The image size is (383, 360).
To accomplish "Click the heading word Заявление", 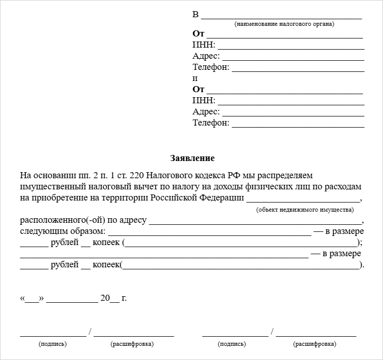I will point(193,158).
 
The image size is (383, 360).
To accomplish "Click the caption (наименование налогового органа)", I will point(284,24).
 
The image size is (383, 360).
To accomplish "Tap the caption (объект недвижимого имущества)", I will point(305,210).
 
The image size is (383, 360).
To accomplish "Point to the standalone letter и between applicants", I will point(195,78).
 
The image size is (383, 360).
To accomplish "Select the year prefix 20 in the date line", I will point(105,298).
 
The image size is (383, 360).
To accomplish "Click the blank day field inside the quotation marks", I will point(32,300).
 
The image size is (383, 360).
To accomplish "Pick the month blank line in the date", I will point(72,301).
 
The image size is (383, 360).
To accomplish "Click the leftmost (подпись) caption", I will point(52,344).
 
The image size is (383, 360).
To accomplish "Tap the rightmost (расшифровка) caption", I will point(314,344).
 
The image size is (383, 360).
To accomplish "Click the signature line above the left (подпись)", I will point(53,335).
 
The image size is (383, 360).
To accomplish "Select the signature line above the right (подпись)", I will point(235,335).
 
